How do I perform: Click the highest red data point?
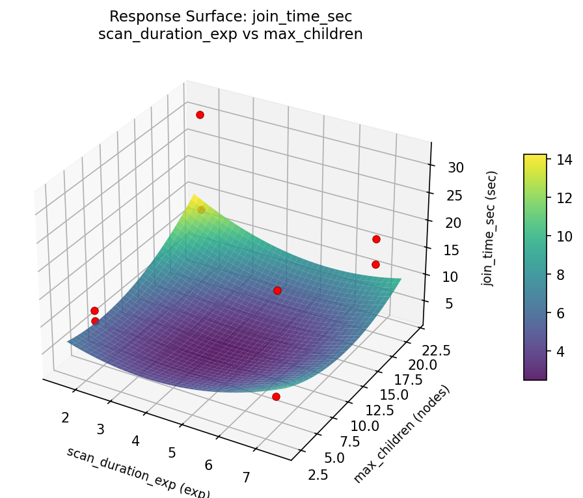tap(200, 115)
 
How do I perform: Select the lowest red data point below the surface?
tap(276, 396)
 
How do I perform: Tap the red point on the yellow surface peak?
tap(202, 210)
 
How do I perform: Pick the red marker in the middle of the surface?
tap(277, 290)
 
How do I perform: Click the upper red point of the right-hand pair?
tap(376, 239)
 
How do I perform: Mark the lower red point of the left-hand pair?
tap(95, 321)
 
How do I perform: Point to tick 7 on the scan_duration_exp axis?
tap(247, 478)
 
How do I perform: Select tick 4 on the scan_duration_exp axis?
tap(135, 441)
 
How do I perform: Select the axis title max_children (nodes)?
tap(401, 434)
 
